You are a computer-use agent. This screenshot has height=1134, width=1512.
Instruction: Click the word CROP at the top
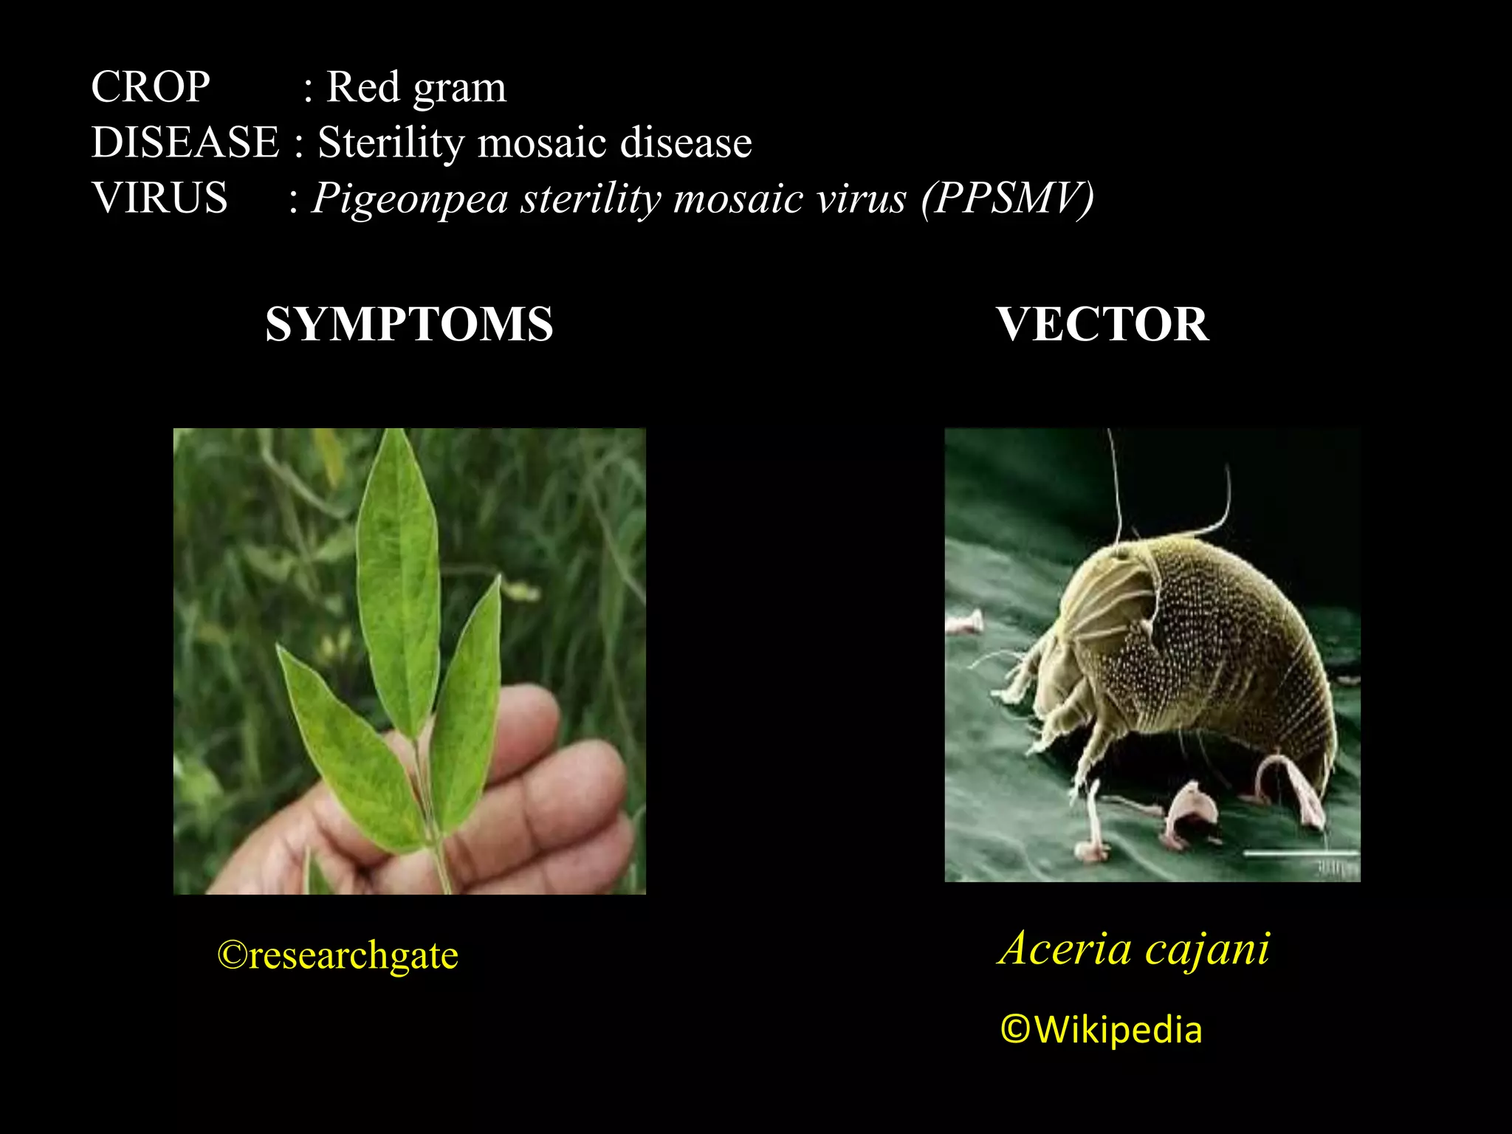(150, 87)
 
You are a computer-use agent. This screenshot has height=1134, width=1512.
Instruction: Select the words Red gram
(416, 88)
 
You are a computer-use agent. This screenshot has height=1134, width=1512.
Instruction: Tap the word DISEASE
(185, 142)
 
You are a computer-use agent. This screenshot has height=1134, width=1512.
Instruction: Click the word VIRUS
(159, 198)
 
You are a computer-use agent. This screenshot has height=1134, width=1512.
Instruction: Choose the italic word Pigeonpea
(410, 199)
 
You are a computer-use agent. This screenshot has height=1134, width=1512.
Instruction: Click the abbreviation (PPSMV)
(1007, 198)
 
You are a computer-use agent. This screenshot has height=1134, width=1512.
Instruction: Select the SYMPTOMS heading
(409, 324)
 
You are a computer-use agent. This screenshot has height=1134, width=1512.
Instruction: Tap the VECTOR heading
(1102, 324)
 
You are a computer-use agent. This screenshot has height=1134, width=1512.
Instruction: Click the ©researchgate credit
(337, 955)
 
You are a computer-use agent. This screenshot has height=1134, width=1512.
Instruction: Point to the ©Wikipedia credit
(1101, 1030)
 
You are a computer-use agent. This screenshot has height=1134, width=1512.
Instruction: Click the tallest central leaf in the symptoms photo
(399, 576)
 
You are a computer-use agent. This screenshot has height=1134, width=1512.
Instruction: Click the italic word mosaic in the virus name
(738, 198)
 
